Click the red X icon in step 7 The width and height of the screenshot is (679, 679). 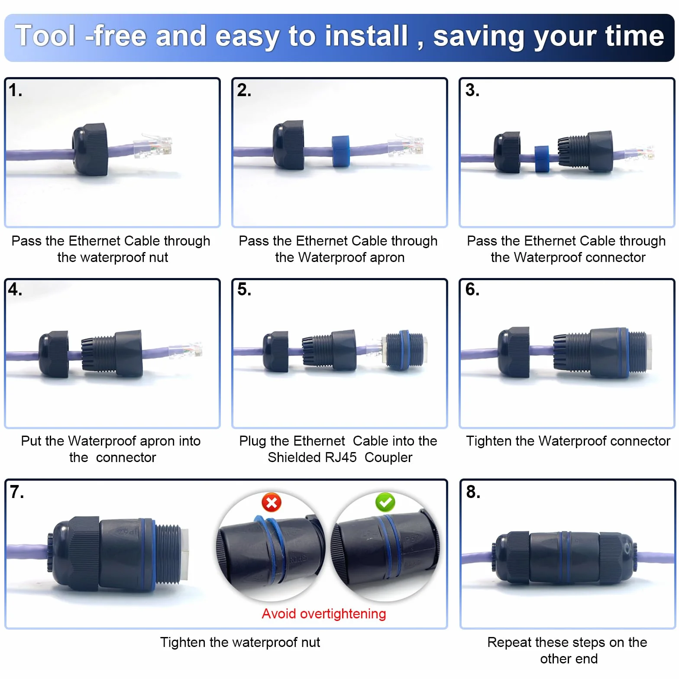tap(272, 503)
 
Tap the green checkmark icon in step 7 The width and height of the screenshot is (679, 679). tap(385, 503)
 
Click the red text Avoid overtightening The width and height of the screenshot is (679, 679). tap(324, 614)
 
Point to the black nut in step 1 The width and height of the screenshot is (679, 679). tap(90, 149)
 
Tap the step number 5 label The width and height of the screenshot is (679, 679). tap(244, 289)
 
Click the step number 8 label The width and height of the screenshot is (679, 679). tap(473, 492)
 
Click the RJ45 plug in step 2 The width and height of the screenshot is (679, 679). tap(406, 146)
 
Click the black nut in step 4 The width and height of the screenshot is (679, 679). tap(53, 354)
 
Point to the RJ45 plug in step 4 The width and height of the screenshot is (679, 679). tap(185, 350)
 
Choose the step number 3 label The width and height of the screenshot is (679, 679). tap(472, 90)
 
